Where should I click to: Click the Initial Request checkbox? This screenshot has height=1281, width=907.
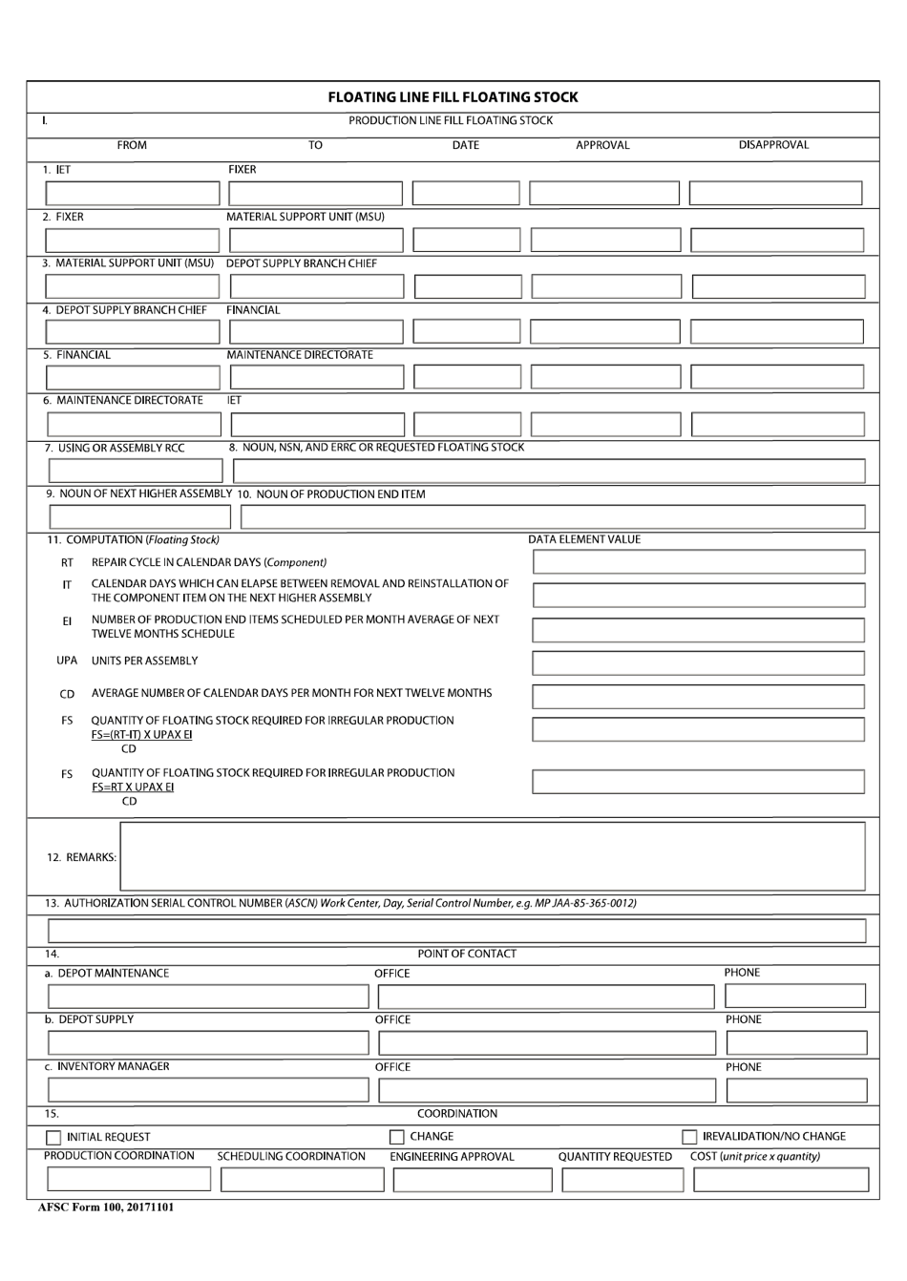click(x=53, y=1138)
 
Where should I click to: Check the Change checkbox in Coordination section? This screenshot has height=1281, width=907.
click(x=396, y=1137)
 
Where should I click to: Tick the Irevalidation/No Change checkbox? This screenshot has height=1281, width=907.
click(x=688, y=1137)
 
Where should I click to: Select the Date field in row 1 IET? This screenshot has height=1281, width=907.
click(x=466, y=194)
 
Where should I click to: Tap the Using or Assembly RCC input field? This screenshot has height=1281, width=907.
click(x=135, y=471)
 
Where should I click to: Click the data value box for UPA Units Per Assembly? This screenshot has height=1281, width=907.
click(x=698, y=662)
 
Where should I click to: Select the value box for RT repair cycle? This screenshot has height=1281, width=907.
click(x=698, y=562)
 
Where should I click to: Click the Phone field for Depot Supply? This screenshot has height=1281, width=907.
click(x=795, y=1042)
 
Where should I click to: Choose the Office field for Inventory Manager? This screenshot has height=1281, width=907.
click(x=546, y=1090)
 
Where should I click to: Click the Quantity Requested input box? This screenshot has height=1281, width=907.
click(x=622, y=1180)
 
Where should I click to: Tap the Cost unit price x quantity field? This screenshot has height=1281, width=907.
click(x=780, y=1180)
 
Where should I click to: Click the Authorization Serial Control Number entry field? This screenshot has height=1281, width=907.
click(x=455, y=931)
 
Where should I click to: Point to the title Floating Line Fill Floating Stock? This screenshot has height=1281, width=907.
click(x=453, y=97)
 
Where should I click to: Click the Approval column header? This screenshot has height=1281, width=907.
click(x=602, y=146)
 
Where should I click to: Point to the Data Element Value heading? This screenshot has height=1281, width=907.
click(x=584, y=540)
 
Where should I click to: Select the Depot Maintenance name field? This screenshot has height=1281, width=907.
click(x=207, y=997)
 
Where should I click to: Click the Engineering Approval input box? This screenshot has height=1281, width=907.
click(x=472, y=1180)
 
